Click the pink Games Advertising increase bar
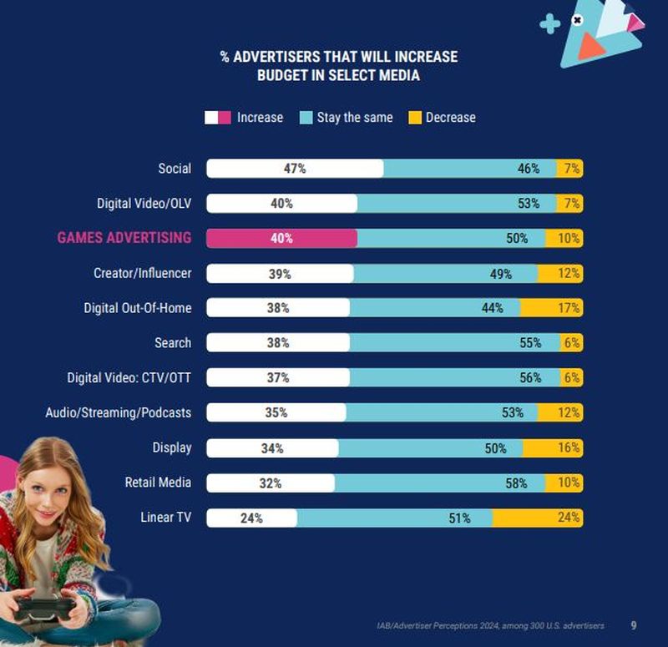click(x=281, y=238)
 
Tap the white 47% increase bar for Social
click(x=295, y=168)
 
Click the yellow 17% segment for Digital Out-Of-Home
click(x=551, y=308)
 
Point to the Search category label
click(x=173, y=343)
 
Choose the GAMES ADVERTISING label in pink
click(x=124, y=238)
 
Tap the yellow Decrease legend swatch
click(x=414, y=118)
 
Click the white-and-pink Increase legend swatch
click(x=217, y=118)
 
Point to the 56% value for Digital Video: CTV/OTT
click(x=530, y=377)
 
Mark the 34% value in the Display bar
click(x=271, y=448)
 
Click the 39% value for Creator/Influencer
click(x=280, y=274)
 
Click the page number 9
click(x=634, y=625)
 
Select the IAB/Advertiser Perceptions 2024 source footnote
click(x=489, y=625)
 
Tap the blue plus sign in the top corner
click(x=550, y=24)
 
